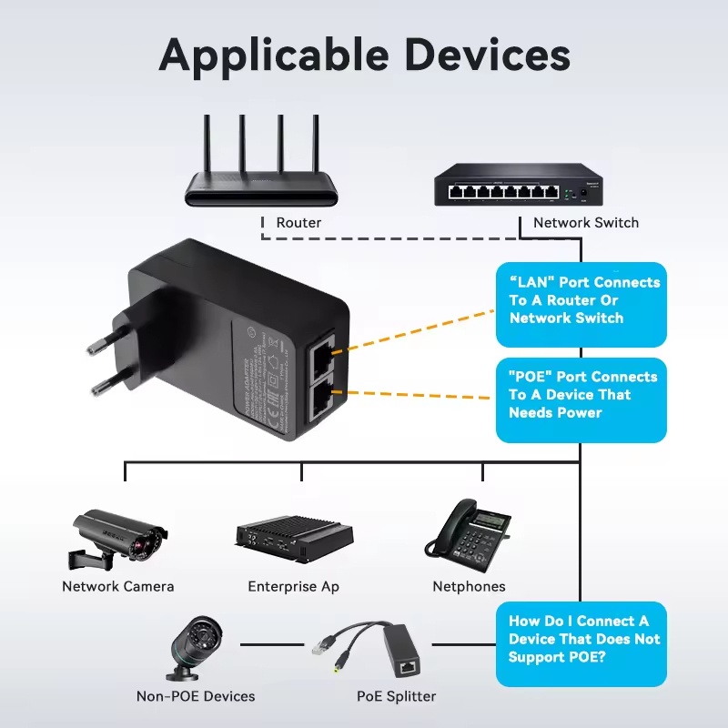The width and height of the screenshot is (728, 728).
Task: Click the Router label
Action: click(x=298, y=222)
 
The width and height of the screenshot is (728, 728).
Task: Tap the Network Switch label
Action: click(x=585, y=222)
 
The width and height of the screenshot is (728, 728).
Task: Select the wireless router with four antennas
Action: click(x=261, y=173)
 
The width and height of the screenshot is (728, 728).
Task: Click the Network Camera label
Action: click(x=117, y=586)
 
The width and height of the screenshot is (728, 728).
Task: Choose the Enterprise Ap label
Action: click(x=293, y=586)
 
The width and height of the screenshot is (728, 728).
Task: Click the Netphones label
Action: click(x=469, y=586)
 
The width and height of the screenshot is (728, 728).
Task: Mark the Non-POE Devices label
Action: click(x=196, y=696)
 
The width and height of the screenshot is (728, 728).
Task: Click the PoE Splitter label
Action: click(x=396, y=696)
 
